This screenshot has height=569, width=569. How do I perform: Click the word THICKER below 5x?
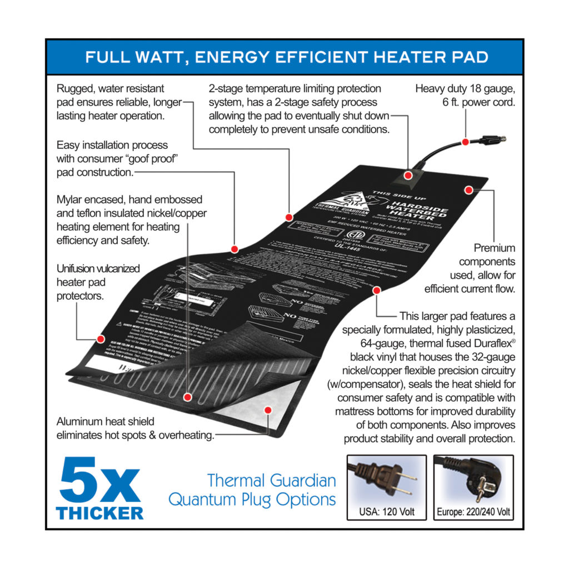100,513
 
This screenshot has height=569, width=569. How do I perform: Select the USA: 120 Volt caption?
387,512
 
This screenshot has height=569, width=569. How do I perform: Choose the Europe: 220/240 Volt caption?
473,512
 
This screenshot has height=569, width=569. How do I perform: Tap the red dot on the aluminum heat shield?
268,410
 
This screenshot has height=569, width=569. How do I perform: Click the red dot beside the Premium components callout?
468,190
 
